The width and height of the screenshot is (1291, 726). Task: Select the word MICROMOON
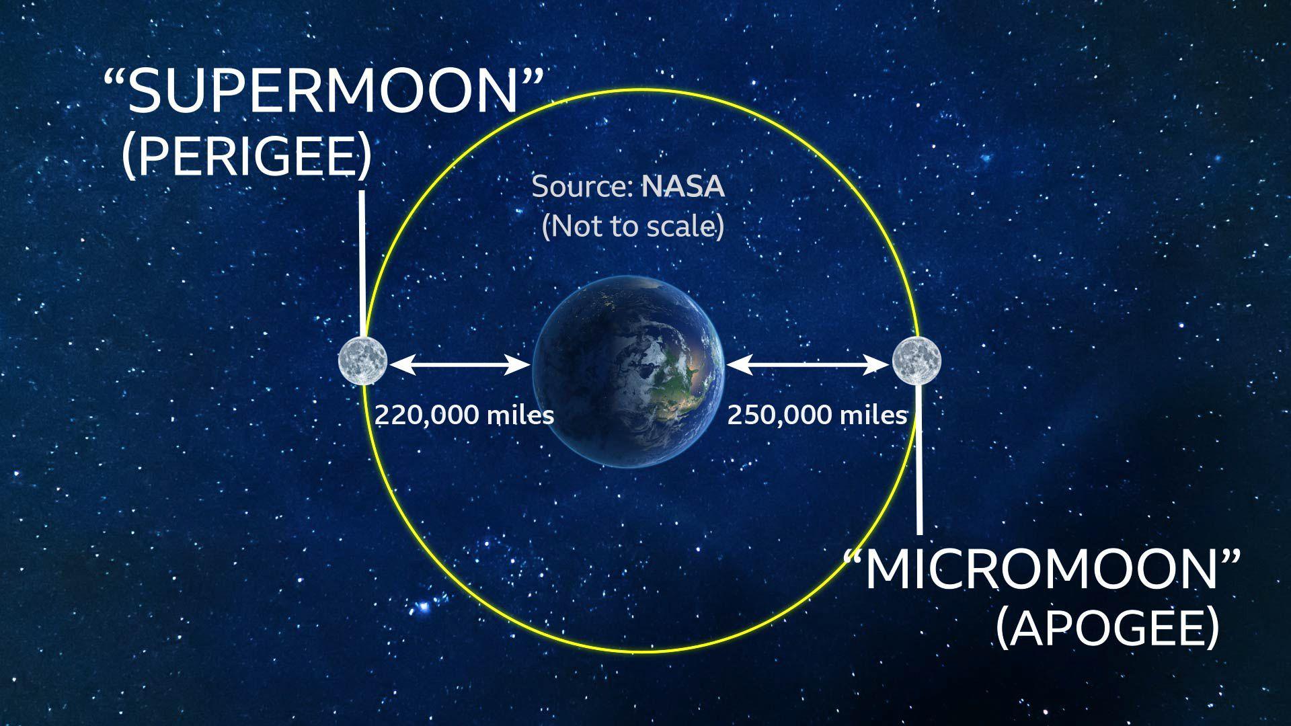tap(1040, 571)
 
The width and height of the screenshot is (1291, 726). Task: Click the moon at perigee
tap(362, 360)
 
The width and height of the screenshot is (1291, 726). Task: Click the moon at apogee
tap(916, 360)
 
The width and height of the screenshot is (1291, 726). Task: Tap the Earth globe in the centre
tap(629, 371)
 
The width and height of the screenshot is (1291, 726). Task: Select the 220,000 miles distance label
tap(464, 415)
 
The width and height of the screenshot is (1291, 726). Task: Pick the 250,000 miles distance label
tap(817, 415)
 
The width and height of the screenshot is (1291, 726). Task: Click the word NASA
tap(683, 187)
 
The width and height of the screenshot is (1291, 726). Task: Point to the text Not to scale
tap(633, 227)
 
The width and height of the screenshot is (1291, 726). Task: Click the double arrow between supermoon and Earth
tap(459, 365)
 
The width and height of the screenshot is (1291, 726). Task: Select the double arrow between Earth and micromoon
tap(808, 365)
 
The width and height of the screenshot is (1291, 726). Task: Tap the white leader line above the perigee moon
tap(362, 262)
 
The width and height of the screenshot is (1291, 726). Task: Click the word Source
tap(580, 187)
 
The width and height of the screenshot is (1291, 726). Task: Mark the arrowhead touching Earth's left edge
tap(520, 365)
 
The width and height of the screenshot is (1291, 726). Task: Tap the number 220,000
tap(426, 415)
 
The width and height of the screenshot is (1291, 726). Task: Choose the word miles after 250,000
tap(873, 415)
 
